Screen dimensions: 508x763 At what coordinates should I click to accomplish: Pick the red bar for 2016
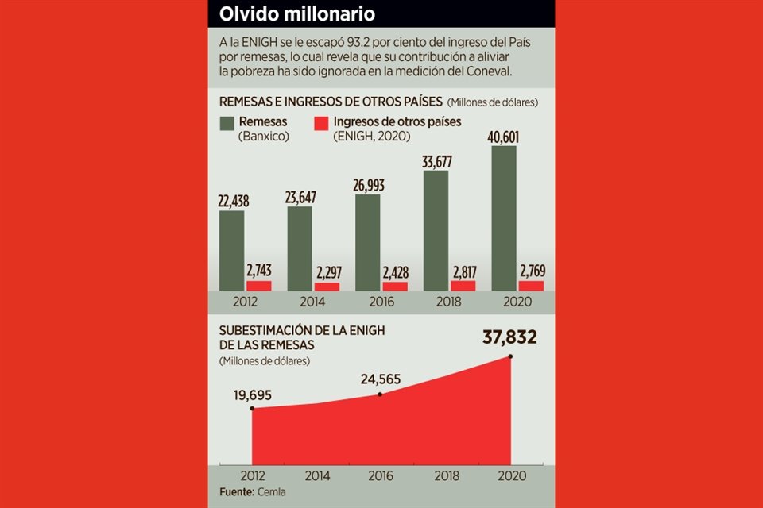(x=395, y=286)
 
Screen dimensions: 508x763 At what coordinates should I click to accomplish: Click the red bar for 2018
(x=463, y=285)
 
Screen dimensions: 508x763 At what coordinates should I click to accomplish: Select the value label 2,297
(x=327, y=272)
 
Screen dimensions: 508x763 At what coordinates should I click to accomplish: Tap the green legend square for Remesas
(x=227, y=124)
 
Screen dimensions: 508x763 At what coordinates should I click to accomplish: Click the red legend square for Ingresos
(x=320, y=124)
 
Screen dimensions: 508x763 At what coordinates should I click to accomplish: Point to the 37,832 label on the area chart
(x=509, y=337)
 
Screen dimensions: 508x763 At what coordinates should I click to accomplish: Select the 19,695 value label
(x=253, y=394)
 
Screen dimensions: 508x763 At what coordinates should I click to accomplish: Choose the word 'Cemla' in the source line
(x=270, y=492)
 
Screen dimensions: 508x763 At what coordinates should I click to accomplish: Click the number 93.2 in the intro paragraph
(x=323, y=41)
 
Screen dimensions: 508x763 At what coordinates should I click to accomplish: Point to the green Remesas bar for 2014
(x=300, y=248)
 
